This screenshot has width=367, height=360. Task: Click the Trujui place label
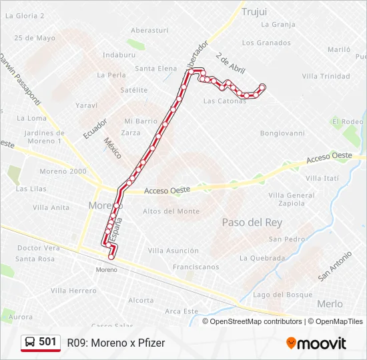(254, 11)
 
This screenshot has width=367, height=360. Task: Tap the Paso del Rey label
(252, 222)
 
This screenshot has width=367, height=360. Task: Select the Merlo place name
(330, 303)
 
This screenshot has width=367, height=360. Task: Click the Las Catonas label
(225, 101)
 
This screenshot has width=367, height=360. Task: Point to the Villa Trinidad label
(326, 76)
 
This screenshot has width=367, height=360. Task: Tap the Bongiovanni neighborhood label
(282, 133)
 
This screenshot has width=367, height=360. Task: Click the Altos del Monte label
(171, 211)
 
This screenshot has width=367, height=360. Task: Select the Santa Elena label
(156, 68)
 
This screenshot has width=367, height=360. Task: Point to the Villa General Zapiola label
(291, 199)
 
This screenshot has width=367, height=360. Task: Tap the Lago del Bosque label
(283, 295)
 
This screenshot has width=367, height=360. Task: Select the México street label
(113, 149)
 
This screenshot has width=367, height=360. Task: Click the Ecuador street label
(95, 128)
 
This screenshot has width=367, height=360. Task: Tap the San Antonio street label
(334, 265)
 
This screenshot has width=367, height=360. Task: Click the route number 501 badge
(47, 342)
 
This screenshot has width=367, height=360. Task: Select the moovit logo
(316, 343)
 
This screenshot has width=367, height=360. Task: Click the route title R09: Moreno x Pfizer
(116, 343)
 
